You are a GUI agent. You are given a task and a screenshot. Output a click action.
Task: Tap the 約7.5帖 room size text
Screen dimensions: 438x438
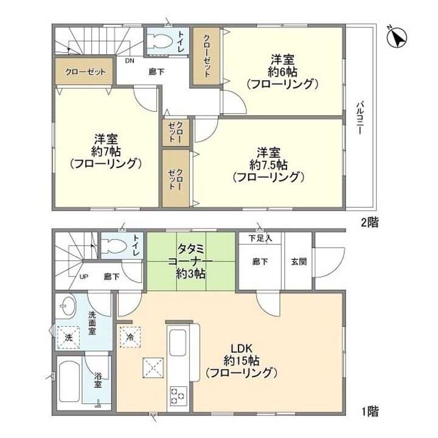(267, 164)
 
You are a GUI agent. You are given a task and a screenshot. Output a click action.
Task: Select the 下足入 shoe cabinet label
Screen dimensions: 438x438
(260, 238)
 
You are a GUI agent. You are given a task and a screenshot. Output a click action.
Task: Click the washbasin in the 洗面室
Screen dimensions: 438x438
(66, 304)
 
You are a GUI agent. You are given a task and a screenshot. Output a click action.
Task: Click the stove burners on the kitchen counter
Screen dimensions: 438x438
(179, 395)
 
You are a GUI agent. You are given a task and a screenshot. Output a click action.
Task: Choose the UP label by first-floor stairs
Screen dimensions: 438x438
(85, 277)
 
